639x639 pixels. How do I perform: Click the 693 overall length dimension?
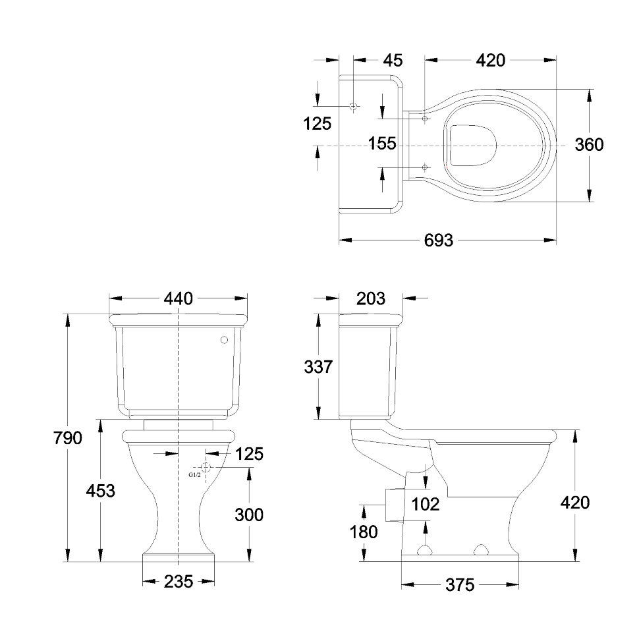pos(439,240)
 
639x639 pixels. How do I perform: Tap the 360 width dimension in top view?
pos(589,145)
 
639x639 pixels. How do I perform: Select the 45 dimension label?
pos(393,61)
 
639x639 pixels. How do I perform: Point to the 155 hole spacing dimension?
pos(382,144)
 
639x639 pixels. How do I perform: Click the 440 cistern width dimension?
pos(178,298)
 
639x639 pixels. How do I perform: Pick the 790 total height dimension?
pos(68,438)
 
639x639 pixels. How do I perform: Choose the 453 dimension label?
pos(100,491)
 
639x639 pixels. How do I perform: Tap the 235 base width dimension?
pos(178,582)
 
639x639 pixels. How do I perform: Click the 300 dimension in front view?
pos(248,515)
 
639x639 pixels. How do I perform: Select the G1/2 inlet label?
pos(194,475)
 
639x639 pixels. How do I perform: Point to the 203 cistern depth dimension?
pos(370,298)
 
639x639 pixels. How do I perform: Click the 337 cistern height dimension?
pos(318,367)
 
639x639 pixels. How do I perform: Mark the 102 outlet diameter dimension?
pos(426,505)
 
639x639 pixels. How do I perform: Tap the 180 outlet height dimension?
pos(364,532)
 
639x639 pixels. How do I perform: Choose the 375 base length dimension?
pos(460,585)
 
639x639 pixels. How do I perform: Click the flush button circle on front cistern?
pos(224,340)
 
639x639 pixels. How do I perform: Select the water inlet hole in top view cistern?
pos(353,106)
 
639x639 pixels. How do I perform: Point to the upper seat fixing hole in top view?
pos(425,119)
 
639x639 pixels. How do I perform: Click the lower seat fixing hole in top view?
pos(425,167)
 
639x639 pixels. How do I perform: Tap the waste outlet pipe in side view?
pos(395,505)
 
